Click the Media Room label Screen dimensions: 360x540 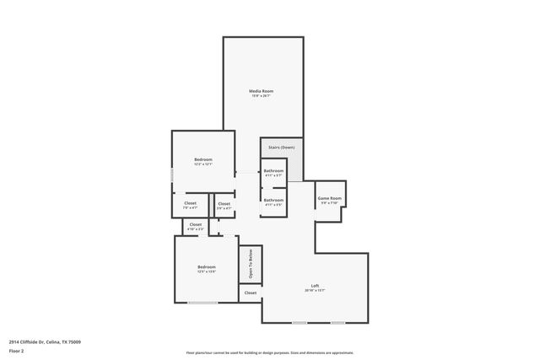tap(261, 91)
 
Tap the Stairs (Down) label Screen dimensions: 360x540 tap(281, 148)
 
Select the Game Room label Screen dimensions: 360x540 tap(328, 199)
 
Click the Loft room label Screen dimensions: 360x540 tap(315, 286)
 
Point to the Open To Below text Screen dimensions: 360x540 tap(251, 265)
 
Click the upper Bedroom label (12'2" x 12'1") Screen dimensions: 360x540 tap(202, 159)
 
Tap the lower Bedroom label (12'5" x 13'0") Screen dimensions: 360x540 tap(206, 266)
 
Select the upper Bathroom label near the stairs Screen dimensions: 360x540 tap(273, 171)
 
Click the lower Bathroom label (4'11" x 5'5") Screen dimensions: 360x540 tap(273, 200)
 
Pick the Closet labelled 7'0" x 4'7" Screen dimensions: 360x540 tap(190, 202)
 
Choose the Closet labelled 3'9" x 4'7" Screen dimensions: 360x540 tap(224, 202)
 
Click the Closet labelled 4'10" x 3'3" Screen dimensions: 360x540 tap(195, 224)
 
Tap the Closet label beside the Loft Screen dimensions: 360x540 tap(250, 293)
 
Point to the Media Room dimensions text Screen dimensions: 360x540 tap(261, 96)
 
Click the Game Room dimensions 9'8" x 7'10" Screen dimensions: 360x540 tap(328, 203)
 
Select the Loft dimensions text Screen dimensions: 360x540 tap(315, 291)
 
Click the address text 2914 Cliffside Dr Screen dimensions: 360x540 tap(45, 341)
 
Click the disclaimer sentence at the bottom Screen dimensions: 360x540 tap(269, 352)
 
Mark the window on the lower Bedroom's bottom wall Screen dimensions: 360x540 tap(202, 303)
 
